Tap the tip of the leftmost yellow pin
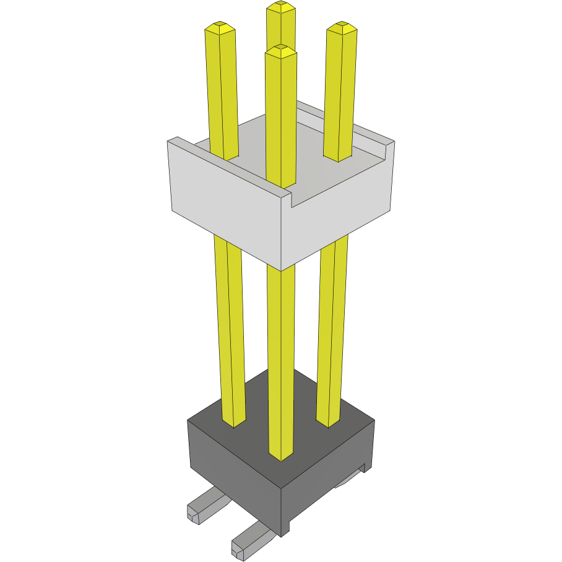point(220,27)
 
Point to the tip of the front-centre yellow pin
point(281,50)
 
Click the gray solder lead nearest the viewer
point(250,539)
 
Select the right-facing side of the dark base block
point(328,483)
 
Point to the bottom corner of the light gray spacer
point(282,270)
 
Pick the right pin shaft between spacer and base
point(332,328)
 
